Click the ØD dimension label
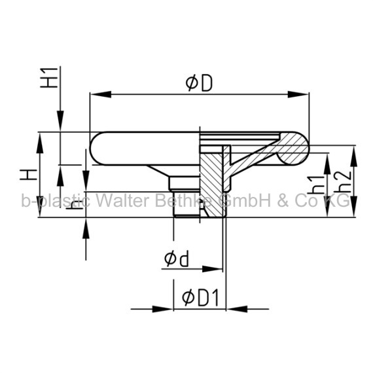pos(199,83)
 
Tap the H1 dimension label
pos(49,78)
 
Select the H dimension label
pos(29,174)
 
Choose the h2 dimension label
pos(342,182)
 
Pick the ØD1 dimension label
pos(200,298)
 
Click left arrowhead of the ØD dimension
pos(101,94)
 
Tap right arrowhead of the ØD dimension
pos(298,94)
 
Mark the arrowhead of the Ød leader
pos(212,269)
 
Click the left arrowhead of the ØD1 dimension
pos(163,310)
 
